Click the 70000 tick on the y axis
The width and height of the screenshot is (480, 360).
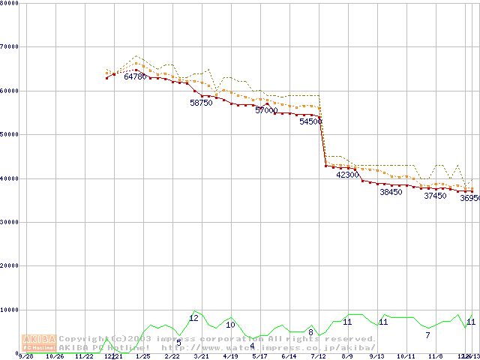pos(10,46)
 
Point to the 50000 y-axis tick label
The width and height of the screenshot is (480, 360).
pos(10,134)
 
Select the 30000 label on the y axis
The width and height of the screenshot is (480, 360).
pos(10,222)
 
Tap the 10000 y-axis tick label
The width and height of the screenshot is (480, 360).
pos(10,310)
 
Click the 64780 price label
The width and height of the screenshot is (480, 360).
pos(135,76)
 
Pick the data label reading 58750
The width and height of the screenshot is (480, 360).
pos(201,103)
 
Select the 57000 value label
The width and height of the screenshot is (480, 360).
pos(266,110)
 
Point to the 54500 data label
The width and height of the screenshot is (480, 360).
pos(310,121)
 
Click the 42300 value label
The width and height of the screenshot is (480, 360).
pos(347,175)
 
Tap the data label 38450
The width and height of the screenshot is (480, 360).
pos(391,192)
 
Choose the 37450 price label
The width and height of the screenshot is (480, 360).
pos(435,196)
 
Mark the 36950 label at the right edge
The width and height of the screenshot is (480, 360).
pos(469,199)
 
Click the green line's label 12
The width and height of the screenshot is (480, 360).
pos(193,318)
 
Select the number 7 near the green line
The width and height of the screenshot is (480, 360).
pos(427,335)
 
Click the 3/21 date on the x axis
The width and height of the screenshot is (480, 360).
pos(201,356)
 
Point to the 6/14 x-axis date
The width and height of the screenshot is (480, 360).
pos(289,356)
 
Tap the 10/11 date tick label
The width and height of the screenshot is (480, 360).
pos(406,356)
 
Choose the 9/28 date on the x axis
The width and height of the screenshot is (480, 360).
pos(25,356)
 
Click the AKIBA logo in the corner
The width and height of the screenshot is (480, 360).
pos(39,342)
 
